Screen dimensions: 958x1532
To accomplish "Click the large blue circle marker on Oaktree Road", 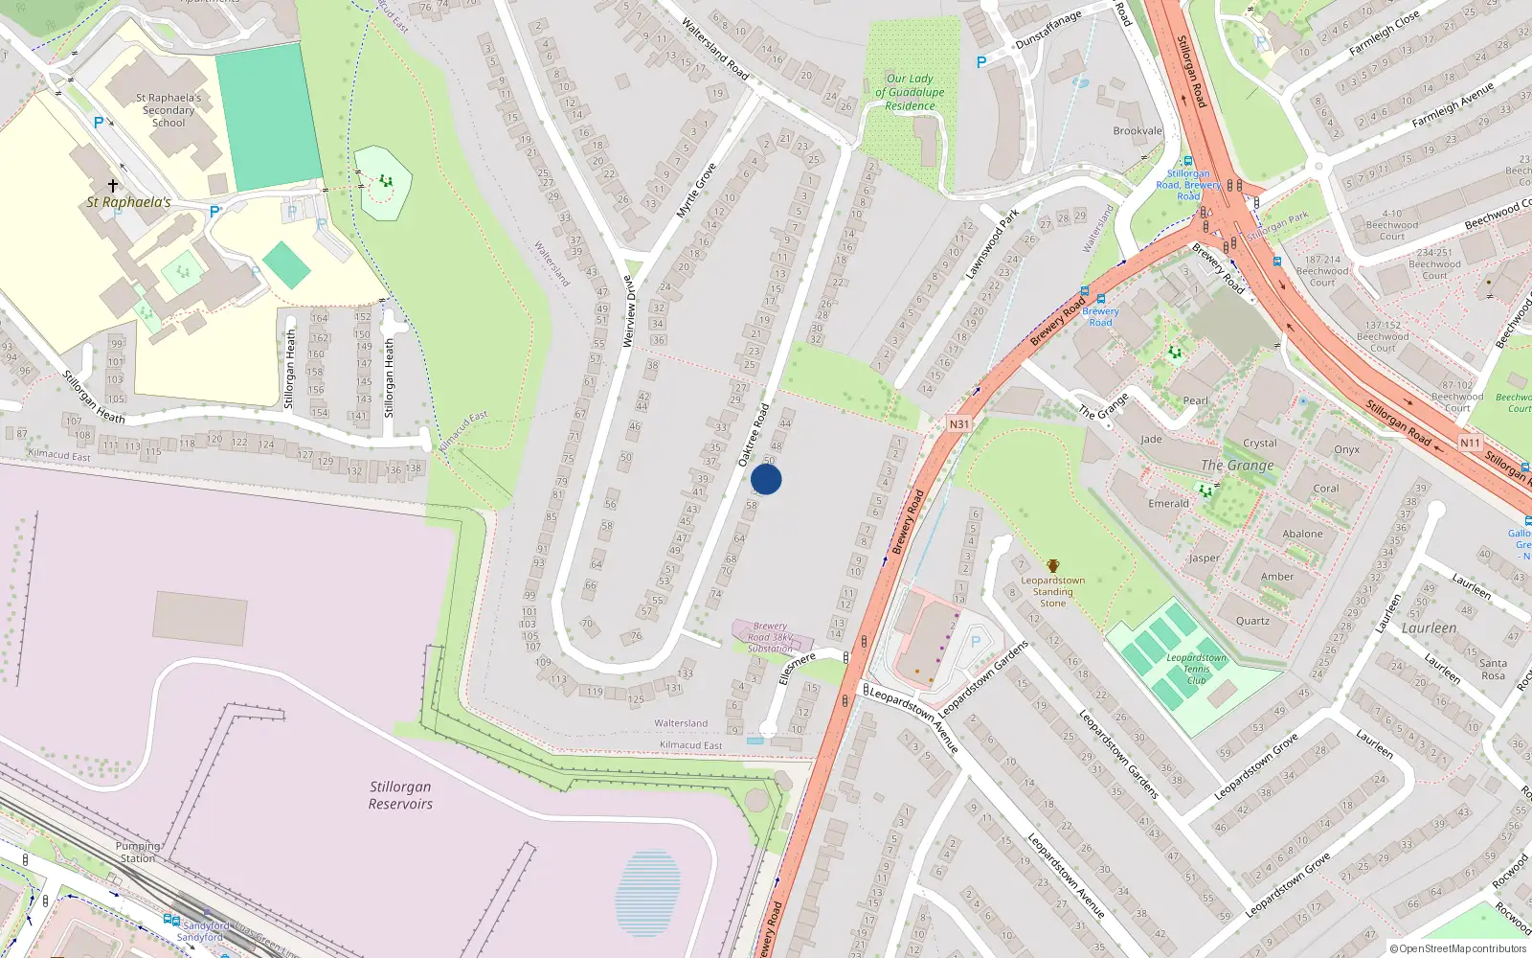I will pos(766,479).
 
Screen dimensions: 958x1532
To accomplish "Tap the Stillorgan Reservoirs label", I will pos(400,795).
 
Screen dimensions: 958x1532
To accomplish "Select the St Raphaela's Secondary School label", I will pos(169,110).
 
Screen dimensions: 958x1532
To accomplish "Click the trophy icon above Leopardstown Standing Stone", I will pos(1053,566).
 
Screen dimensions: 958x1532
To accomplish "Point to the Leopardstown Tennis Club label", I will pos(1196,669).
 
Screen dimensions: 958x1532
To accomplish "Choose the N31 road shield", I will pos(958,423).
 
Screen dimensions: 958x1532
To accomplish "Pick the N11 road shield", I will pos(1470,443).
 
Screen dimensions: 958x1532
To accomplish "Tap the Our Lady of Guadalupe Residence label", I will pos(910,92).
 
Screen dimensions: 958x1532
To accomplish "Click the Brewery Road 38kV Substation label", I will pos(771,637).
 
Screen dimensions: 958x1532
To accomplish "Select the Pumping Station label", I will pos(138,852).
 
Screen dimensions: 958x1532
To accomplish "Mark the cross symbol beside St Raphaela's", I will pos(113,185).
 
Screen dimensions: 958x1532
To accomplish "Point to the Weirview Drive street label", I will pos(629,311).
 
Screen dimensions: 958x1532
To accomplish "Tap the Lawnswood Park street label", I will pos(991,245).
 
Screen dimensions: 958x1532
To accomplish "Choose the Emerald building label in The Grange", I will pos(1168,503).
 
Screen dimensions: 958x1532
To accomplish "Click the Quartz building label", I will pos(1252,620).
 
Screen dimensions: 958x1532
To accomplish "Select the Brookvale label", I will pos(1138,131).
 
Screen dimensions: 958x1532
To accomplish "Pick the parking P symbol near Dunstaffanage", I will pos(980,62).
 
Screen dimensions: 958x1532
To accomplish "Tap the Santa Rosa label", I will pos(1493,669).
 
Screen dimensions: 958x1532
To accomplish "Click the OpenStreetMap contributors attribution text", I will pos(1458,948).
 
